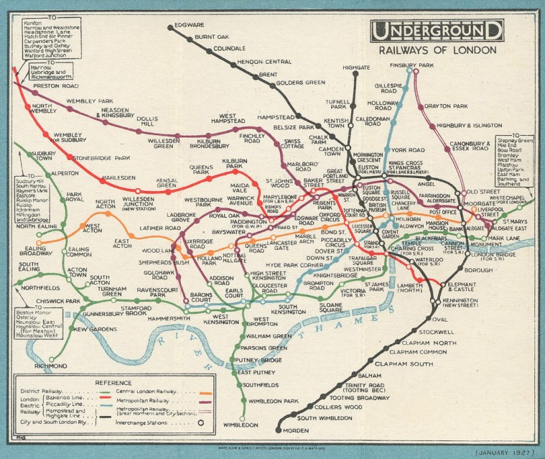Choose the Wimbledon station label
[240, 425]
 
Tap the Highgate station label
[356, 68]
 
